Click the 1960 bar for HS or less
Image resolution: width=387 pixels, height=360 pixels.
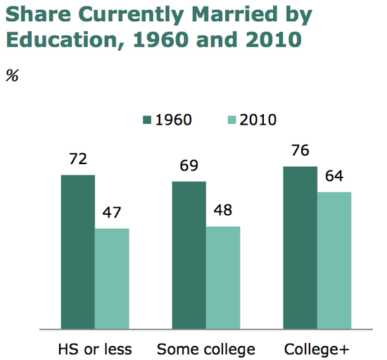pos(78,252)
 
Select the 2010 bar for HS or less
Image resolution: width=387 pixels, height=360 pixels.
pos(112,278)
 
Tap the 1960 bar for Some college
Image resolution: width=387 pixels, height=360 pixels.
pos(189,254)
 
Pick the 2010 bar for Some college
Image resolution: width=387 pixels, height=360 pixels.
pos(223,277)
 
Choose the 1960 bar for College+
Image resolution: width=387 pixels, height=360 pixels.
pos(300,247)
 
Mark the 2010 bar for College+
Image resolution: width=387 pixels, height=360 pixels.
pos(334,260)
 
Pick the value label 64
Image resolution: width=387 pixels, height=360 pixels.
pos(334,177)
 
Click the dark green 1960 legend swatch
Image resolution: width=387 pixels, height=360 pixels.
pos(147,119)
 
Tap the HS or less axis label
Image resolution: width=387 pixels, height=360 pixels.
pos(94,349)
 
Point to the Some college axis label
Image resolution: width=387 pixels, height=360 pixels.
pos(205,349)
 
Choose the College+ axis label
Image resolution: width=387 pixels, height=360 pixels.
pos(317,349)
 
